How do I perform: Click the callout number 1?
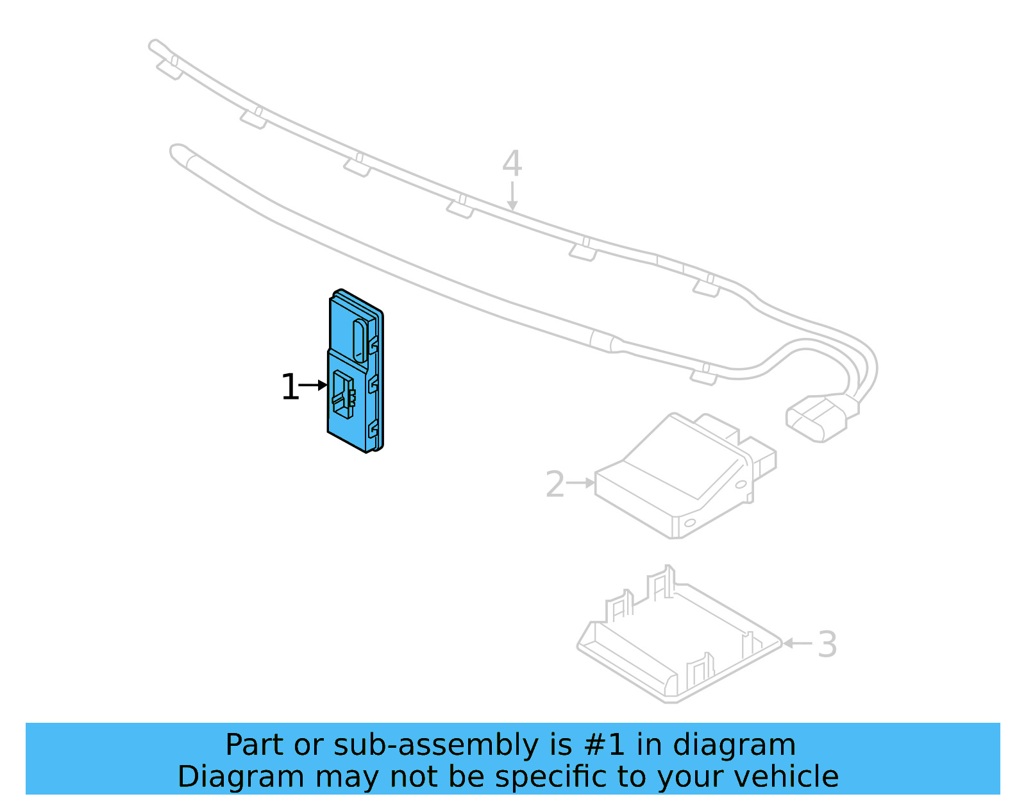pos(290,387)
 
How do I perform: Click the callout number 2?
pos(555,484)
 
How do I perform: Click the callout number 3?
pos(827,645)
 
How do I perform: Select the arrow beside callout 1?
pos(314,385)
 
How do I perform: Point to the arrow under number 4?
pos(512,196)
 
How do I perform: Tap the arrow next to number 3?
pos(797,643)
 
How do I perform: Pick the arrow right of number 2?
pos(582,483)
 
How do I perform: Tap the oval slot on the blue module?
pos(361,340)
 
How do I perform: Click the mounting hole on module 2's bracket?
pos(690,523)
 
